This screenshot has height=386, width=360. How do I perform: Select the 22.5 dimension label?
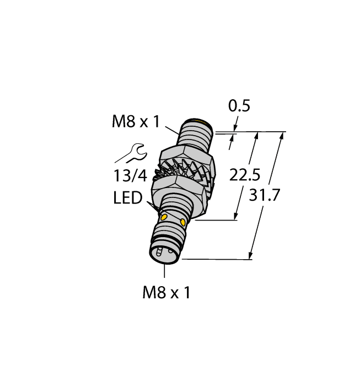[246, 175]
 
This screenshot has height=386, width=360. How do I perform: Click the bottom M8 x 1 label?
[166, 293]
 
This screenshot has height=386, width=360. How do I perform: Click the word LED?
[128, 197]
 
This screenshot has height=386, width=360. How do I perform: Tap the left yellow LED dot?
[164, 218]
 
